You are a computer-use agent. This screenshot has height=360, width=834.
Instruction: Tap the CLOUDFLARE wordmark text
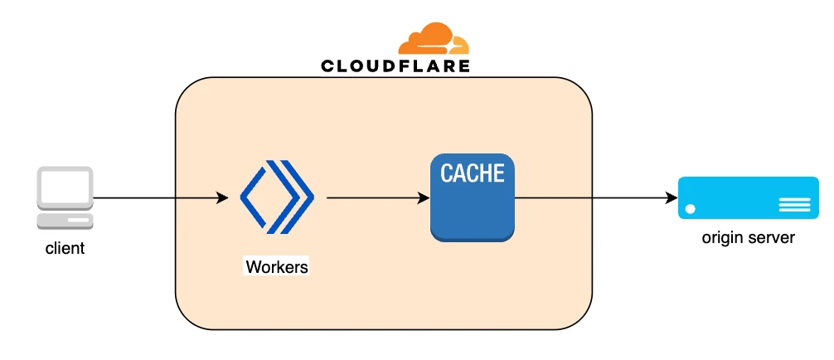(395, 66)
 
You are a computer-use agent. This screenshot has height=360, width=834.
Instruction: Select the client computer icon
(65, 198)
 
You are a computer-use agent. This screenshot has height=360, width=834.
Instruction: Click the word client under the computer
(65, 248)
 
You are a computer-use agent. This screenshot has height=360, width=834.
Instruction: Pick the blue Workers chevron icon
(277, 197)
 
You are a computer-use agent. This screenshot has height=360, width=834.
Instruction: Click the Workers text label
(277, 266)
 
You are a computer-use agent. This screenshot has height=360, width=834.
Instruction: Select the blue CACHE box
(473, 197)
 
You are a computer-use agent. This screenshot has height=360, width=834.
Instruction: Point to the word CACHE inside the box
(473, 173)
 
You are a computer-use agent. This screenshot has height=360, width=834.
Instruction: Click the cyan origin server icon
(749, 197)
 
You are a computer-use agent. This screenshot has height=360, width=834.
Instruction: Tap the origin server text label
(749, 237)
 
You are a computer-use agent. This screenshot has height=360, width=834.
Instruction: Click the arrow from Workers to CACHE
(378, 198)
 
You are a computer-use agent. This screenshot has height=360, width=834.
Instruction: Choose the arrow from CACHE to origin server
(596, 198)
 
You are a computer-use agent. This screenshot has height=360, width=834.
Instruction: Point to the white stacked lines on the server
(795, 205)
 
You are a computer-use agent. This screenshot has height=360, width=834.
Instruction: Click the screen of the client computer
(65, 187)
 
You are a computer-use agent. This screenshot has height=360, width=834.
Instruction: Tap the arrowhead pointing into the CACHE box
(424, 198)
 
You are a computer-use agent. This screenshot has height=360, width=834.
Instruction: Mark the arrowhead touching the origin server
(672, 198)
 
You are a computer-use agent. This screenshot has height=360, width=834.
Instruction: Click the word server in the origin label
(772, 238)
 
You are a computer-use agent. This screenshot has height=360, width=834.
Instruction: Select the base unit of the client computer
(65, 221)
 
